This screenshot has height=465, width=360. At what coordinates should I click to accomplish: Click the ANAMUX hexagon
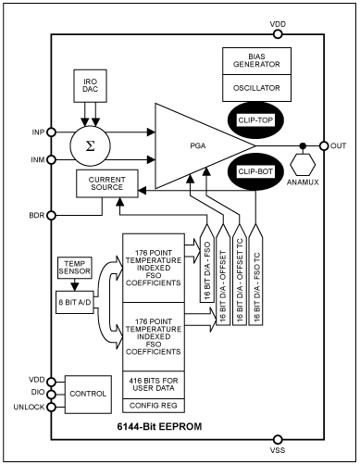tap(303, 170)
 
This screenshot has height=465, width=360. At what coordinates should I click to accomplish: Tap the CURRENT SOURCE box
tap(107, 183)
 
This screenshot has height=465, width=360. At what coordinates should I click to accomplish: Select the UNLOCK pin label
tap(25, 405)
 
